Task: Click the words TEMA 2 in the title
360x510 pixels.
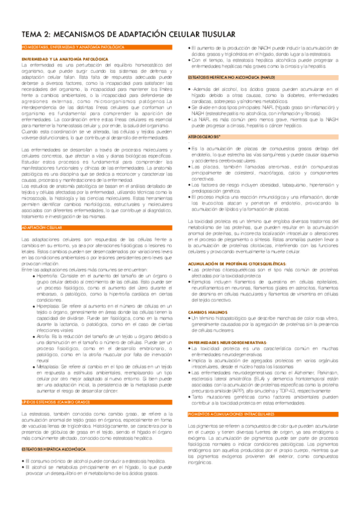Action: (36, 35)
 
